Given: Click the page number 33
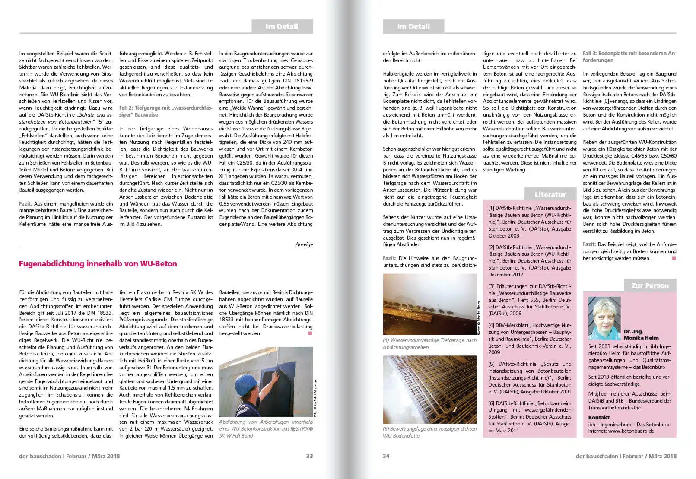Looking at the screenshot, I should coord(309,456).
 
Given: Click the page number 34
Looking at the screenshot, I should coord(386,456).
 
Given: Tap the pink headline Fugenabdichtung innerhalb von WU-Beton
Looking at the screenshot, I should coord(98,264).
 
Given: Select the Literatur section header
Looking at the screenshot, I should coord(550,194).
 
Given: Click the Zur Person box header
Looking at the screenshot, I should coord(650,285).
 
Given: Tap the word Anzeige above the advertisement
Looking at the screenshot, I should coord(304,244).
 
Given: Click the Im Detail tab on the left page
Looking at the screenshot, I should coord(282,26).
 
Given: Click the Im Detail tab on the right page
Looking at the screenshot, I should coord(413,26).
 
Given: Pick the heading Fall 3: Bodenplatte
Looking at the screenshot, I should coord(629,57).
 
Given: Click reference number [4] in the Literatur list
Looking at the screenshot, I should coord(492,325).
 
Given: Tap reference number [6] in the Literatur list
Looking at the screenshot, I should coord(492,403).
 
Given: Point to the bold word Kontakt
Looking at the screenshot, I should coord(599,417).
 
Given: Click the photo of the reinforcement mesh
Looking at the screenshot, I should coord(429,389).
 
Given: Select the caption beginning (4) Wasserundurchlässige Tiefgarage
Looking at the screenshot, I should coord(429,343).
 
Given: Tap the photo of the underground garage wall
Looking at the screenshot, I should coord(429,304).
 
